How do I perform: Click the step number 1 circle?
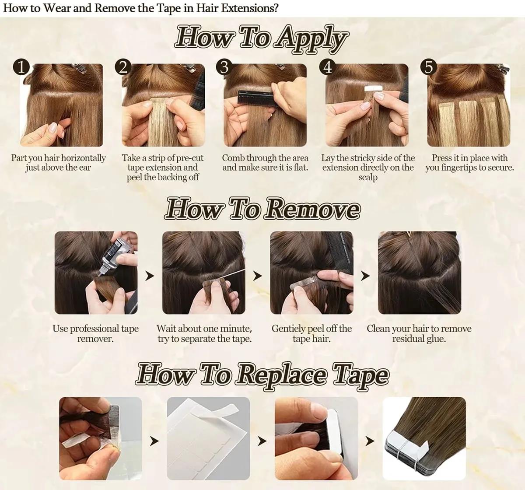click(x=21, y=67)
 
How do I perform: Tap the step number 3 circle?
click(x=224, y=67)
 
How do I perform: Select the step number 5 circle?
click(x=428, y=67)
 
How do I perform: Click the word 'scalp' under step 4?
click(x=367, y=177)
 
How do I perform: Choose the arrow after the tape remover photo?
click(x=150, y=276)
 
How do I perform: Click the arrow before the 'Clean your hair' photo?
click(x=365, y=276)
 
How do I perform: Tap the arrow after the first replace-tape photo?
click(x=154, y=441)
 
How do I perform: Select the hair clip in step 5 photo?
click(x=503, y=69)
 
